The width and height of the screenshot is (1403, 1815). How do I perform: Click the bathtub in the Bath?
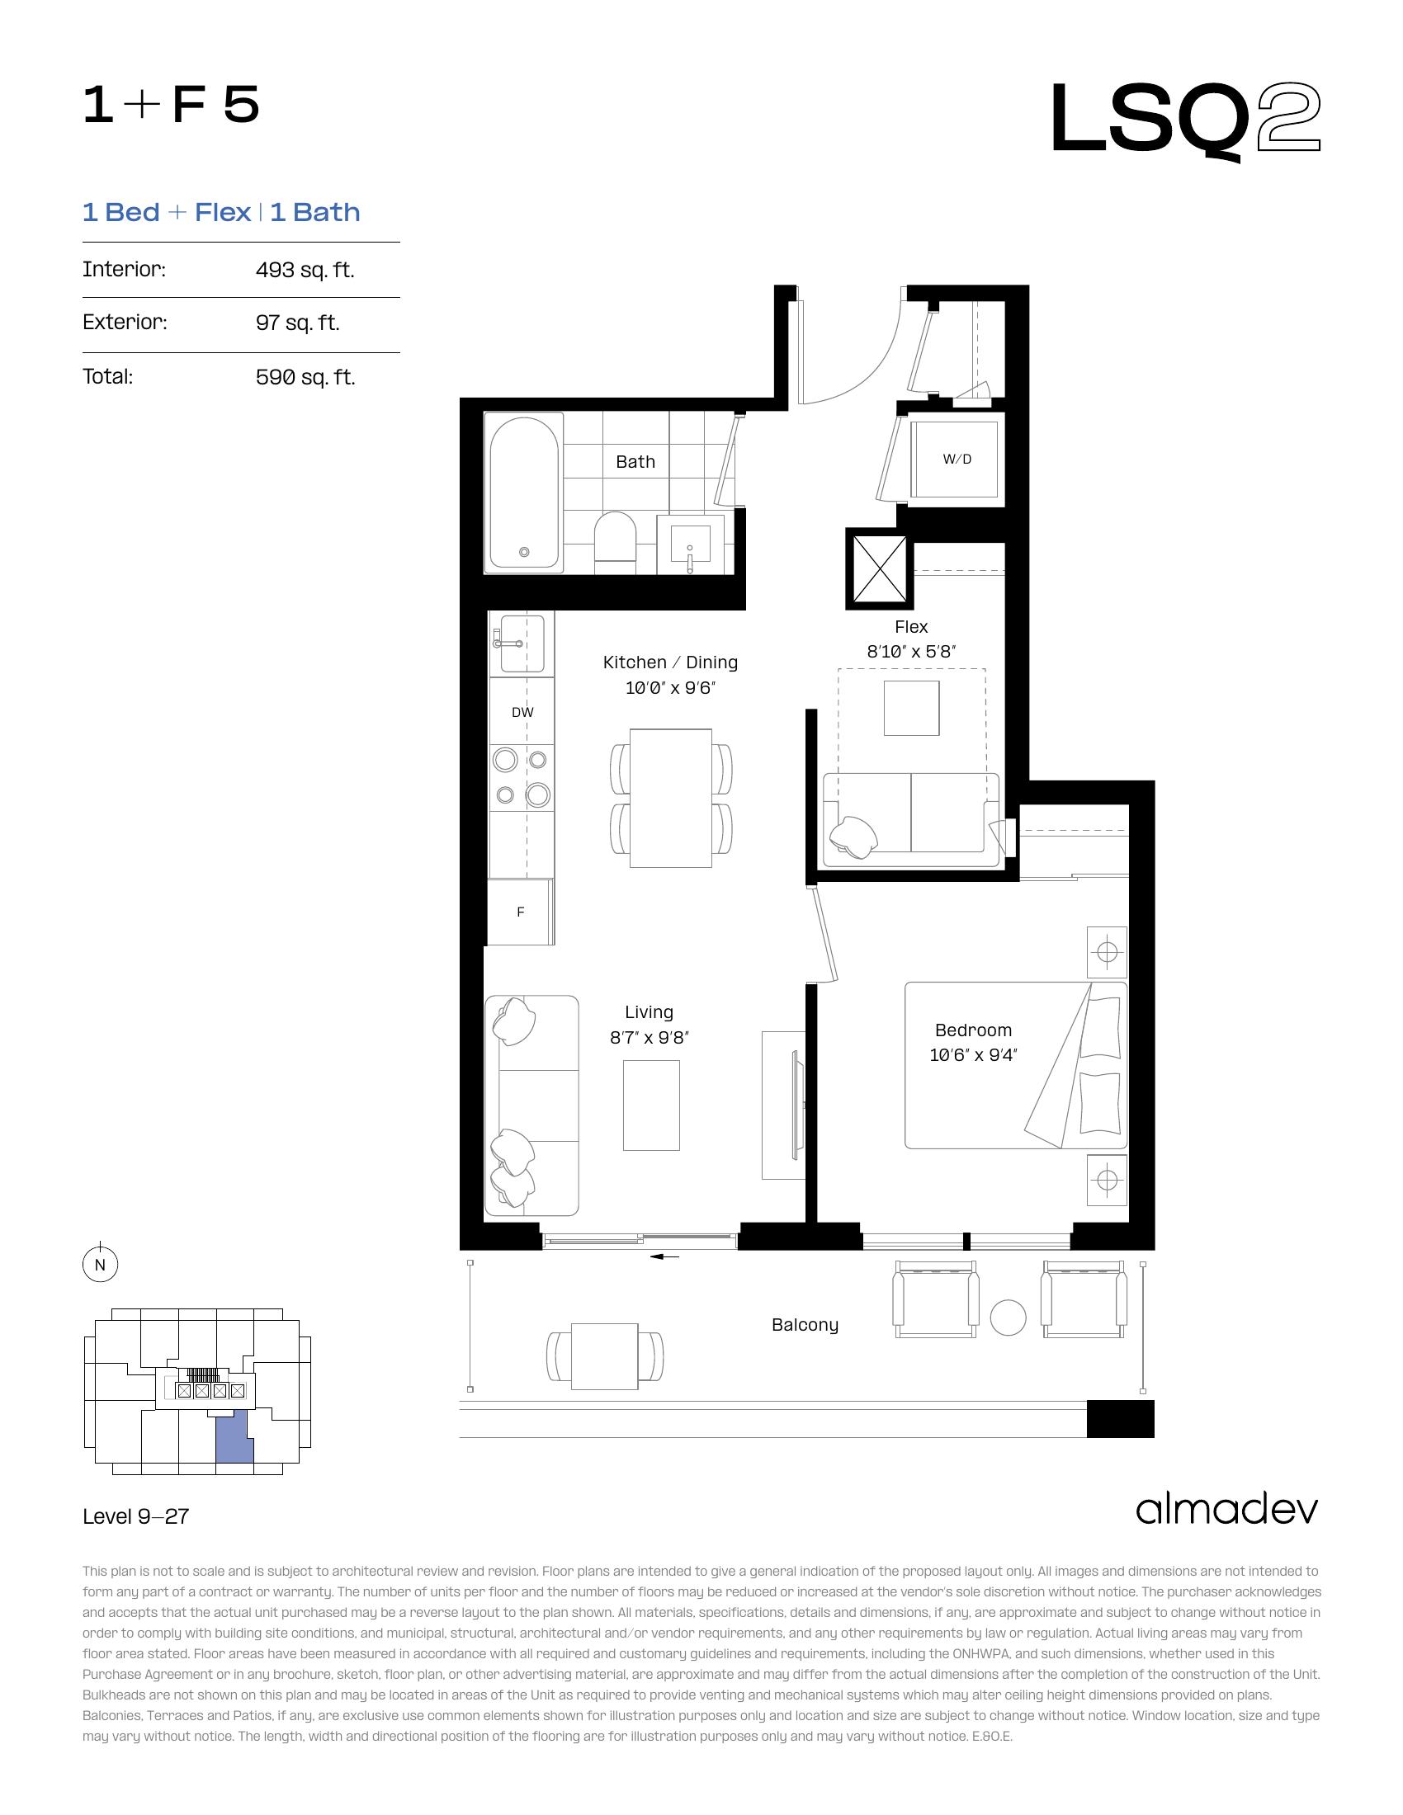point(523,491)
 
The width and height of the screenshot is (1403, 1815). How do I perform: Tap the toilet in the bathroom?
point(616,542)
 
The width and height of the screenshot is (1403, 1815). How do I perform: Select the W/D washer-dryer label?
point(957,459)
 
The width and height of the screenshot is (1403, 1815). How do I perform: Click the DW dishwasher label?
point(522,712)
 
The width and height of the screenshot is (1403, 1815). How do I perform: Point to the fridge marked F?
point(520,912)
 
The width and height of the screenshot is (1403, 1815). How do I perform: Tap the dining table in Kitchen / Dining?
point(671,798)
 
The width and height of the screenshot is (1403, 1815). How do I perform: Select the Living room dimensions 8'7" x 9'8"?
point(650,1038)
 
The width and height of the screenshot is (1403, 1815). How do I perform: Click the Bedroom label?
point(973,1030)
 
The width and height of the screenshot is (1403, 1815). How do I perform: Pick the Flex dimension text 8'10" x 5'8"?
point(911,653)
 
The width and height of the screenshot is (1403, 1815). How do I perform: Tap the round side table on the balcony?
point(1009,1318)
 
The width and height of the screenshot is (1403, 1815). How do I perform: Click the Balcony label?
point(805,1325)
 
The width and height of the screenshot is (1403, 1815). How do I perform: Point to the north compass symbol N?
point(101,1265)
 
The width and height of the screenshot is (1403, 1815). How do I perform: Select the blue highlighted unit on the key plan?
point(234,1438)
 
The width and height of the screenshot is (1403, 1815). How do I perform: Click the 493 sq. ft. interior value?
point(305,270)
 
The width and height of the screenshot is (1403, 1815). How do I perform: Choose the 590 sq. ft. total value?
point(305,377)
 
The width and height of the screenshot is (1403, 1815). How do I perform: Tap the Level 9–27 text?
point(136,1516)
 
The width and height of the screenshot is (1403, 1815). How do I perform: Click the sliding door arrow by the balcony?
point(665,1256)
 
